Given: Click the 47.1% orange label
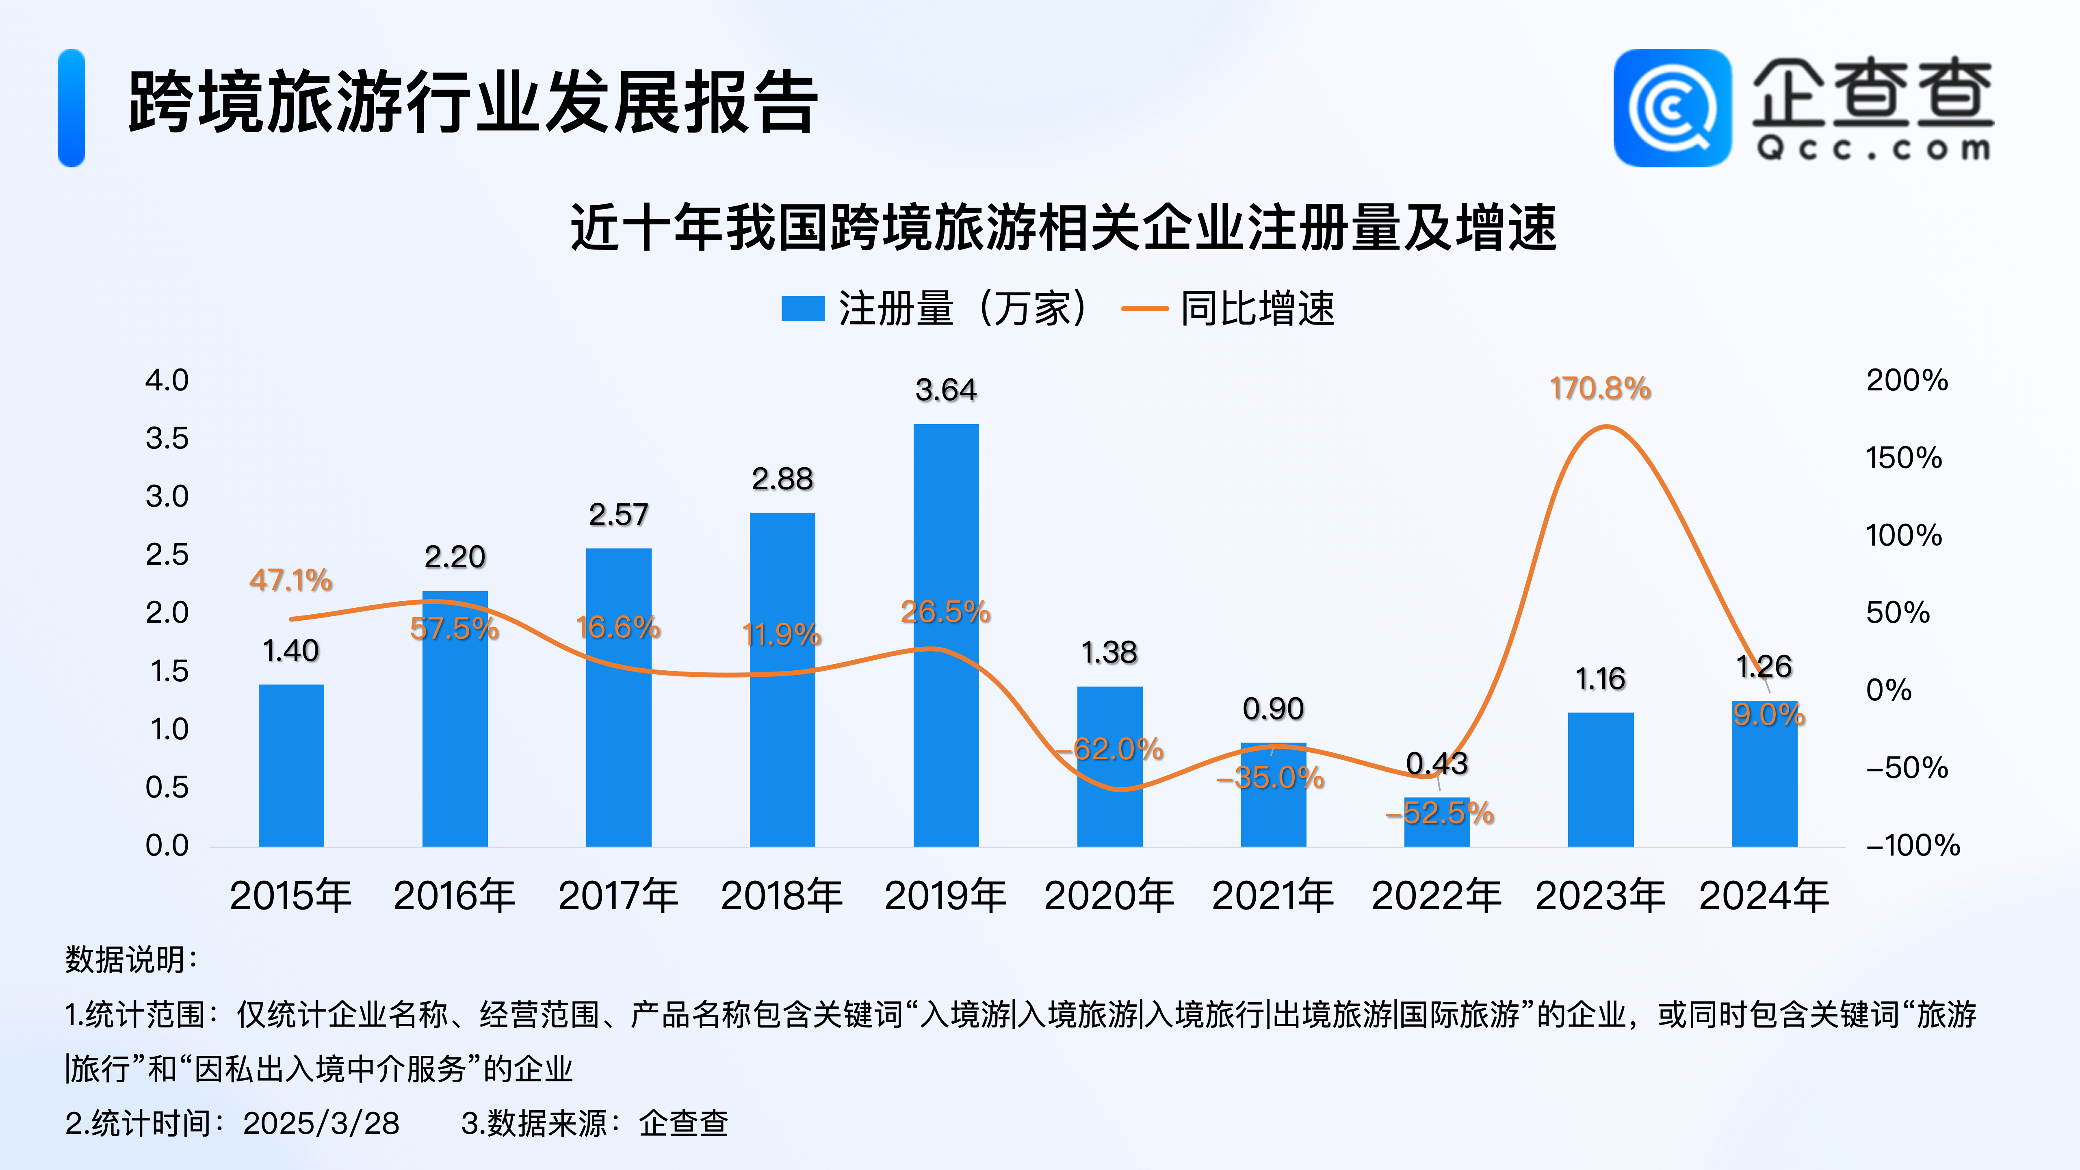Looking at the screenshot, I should [x=291, y=580].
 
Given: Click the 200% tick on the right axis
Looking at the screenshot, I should [x=1907, y=380].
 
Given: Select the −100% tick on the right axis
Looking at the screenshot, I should [x=1912, y=845].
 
